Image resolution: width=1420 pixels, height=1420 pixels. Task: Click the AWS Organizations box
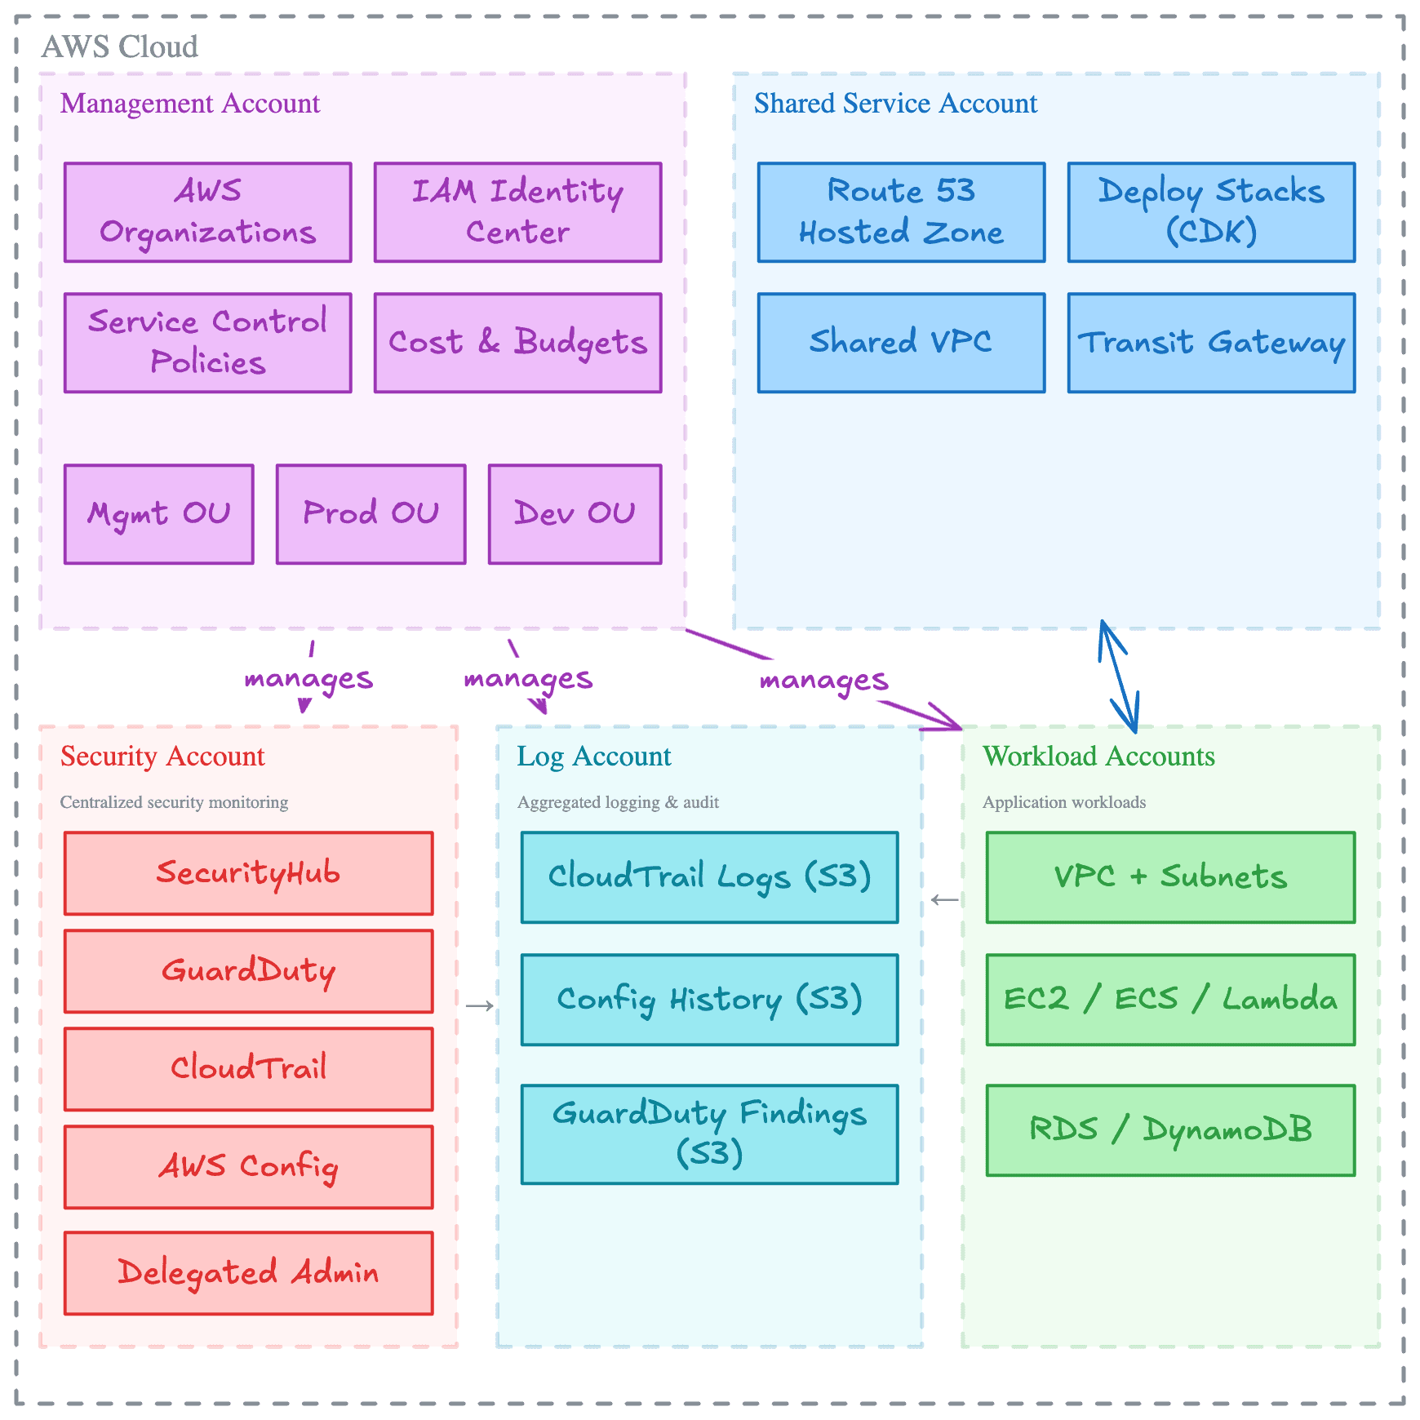[x=208, y=212]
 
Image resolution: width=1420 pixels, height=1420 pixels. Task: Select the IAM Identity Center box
[x=517, y=212]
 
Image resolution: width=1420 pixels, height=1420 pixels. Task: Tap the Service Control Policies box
[x=208, y=343]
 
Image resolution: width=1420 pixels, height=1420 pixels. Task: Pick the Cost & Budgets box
[x=517, y=343]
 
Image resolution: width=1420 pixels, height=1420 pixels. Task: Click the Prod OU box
[x=371, y=514]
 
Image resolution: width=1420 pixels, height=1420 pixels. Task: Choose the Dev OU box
[x=575, y=514]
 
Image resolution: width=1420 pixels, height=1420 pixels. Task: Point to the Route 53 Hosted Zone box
[x=901, y=212]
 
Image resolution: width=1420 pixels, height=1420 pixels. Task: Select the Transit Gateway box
[x=1211, y=343]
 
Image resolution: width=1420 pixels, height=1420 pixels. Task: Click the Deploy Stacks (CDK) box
[x=1211, y=212]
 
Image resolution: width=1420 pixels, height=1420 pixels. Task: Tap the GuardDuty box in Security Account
[x=248, y=971]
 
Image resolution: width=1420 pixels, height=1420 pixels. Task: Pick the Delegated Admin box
[x=248, y=1273]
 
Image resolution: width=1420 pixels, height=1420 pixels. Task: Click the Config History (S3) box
[x=709, y=1000]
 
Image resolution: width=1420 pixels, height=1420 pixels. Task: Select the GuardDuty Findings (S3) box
[x=709, y=1134]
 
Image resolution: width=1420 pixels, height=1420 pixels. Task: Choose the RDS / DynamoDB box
[x=1170, y=1130]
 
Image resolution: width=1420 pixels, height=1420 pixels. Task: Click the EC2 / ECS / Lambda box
[x=1170, y=1000]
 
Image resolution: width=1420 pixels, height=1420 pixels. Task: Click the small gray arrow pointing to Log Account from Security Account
[x=479, y=1005]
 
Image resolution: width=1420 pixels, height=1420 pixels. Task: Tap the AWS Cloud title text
[x=120, y=47]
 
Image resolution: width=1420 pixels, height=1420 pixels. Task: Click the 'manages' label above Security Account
[x=308, y=678]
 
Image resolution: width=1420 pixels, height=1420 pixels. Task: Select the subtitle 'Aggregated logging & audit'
[x=618, y=802]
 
